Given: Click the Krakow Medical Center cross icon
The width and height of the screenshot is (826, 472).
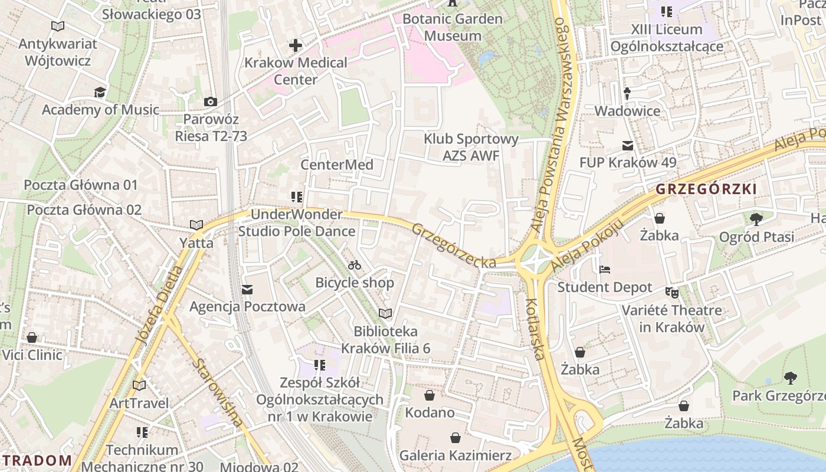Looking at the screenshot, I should click(x=295, y=45).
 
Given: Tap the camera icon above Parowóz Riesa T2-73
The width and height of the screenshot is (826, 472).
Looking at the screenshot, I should click(x=211, y=102).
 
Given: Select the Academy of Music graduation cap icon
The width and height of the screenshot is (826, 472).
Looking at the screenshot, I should click(x=100, y=93).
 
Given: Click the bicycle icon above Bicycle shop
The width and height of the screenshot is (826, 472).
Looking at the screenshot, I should click(x=355, y=265).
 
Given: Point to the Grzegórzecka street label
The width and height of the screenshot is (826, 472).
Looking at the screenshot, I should click(x=454, y=245).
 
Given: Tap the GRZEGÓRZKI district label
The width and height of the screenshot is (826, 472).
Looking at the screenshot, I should click(x=706, y=189).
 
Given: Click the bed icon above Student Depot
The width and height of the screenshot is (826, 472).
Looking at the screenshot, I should click(x=605, y=270).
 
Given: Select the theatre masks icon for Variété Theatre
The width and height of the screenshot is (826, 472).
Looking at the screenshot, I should click(x=671, y=292).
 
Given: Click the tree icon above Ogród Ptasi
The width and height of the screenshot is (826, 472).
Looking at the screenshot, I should click(x=756, y=219).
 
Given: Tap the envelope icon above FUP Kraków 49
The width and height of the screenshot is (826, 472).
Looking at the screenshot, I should click(x=628, y=145).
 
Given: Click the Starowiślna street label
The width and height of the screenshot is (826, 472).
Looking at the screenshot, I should click(x=217, y=392).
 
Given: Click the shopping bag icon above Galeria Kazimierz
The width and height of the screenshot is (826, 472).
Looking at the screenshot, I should click(x=455, y=438).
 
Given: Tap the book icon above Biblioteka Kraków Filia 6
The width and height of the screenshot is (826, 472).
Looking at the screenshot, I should click(x=385, y=314).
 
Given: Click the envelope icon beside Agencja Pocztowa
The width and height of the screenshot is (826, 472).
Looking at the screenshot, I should click(x=247, y=289).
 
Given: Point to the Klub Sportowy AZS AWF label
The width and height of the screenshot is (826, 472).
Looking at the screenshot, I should click(x=471, y=147).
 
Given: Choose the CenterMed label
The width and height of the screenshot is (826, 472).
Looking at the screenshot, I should click(x=337, y=165).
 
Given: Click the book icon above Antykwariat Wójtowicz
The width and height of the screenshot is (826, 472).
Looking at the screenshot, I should click(x=57, y=27).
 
